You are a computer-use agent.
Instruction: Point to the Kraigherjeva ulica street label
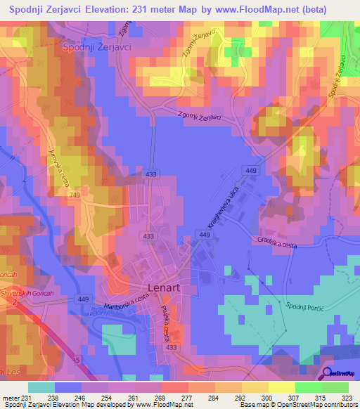pos(219,207)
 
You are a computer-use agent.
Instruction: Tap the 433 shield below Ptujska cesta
pos(171,347)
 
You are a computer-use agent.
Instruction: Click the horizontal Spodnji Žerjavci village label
pos(98,46)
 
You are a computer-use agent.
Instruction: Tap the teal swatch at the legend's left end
pos(41,387)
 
